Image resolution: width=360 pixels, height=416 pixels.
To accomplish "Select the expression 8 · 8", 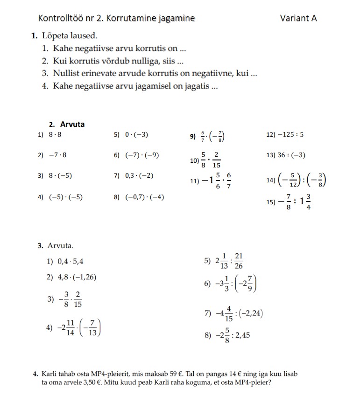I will click(x=55, y=135).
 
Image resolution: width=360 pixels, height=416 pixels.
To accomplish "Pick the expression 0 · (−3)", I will click(x=136, y=135).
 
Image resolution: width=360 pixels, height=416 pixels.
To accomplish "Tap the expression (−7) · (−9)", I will click(x=142, y=155).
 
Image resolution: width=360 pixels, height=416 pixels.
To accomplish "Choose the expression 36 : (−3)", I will click(x=292, y=155).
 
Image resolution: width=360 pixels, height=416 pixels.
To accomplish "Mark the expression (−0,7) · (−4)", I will click(x=144, y=197).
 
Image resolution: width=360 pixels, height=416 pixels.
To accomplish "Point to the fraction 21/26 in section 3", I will click(x=239, y=261).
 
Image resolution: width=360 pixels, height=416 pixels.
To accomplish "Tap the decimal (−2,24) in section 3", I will click(x=250, y=313).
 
